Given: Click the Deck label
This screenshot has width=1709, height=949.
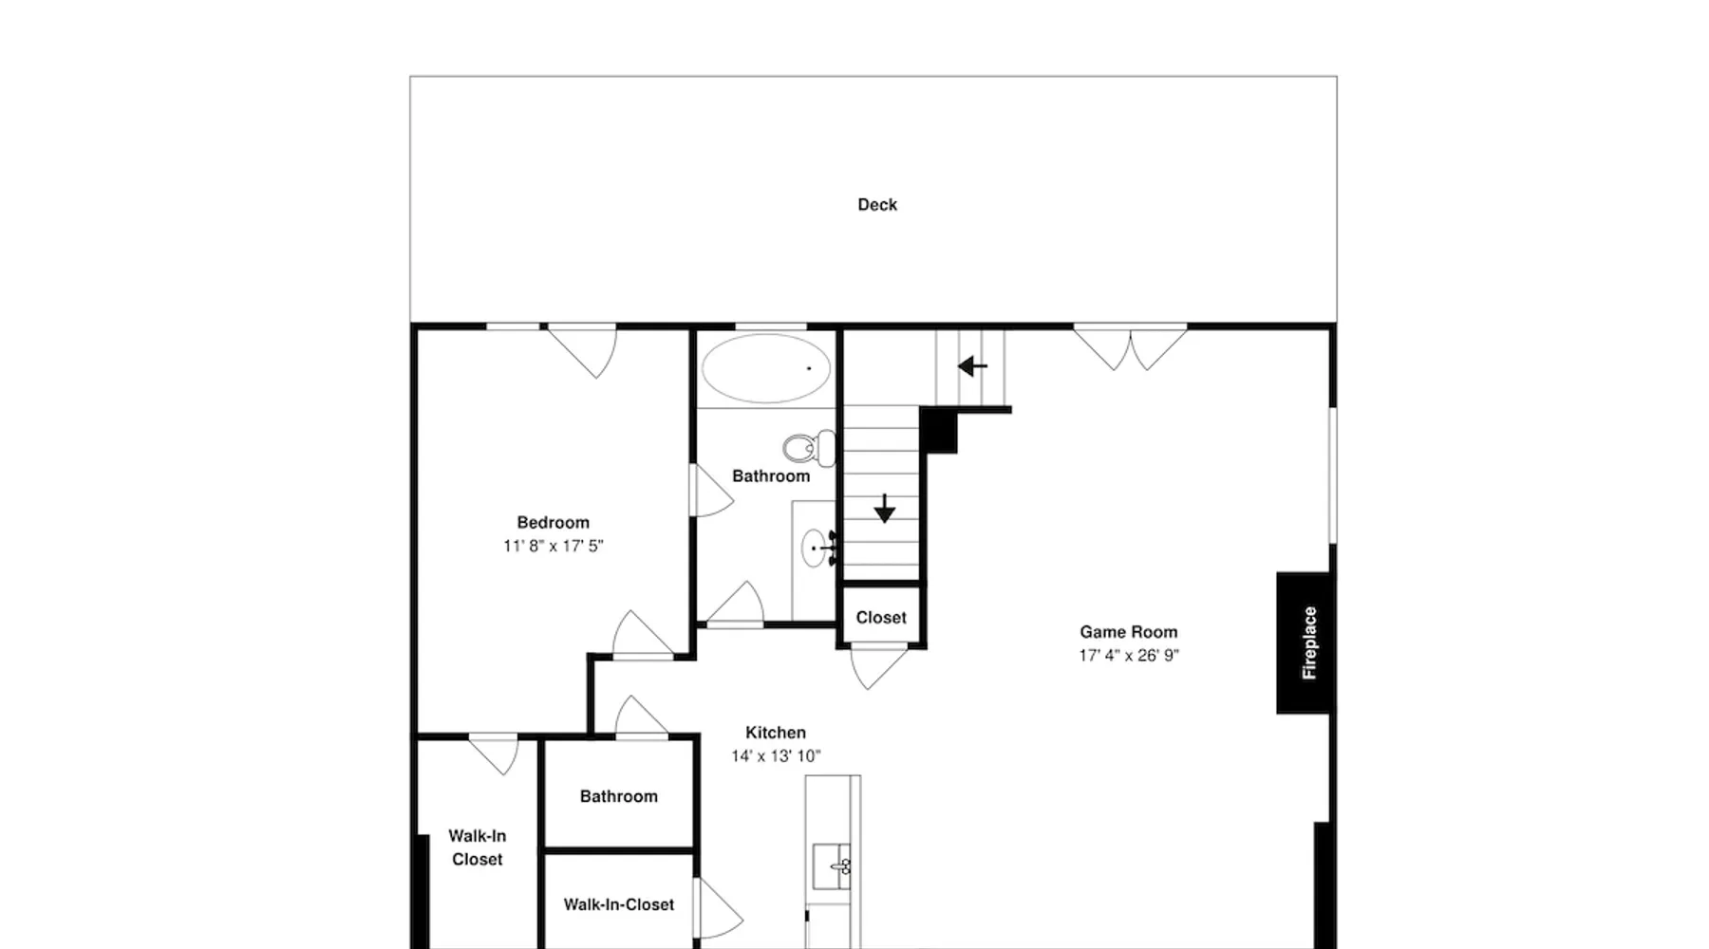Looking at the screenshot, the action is (x=877, y=205).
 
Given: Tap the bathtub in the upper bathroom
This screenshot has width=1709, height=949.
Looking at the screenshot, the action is (x=765, y=368).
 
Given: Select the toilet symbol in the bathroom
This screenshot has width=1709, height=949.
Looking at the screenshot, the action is (x=810, y=448).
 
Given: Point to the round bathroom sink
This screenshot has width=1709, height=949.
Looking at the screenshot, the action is (x=814, y=549).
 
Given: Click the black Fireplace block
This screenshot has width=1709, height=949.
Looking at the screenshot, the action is (x=1304, y=642).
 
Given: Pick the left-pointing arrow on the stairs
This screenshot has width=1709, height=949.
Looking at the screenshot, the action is (x=972, y=365).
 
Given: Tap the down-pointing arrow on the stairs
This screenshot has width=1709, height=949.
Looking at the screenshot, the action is (x=885, y=509).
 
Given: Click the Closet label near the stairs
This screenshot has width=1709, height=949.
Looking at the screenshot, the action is (x=881, y=618).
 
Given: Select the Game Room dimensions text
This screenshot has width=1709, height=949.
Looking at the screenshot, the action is (x=1129, y=656).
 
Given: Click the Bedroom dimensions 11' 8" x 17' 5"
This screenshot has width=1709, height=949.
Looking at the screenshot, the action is (x=554, y=546).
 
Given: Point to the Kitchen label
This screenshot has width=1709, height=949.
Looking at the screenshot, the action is (x=776, y=733).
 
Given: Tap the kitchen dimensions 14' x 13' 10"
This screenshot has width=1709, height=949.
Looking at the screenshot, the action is (x=776, y=756).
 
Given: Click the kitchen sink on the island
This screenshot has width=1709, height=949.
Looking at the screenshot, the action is (x=832, y=865).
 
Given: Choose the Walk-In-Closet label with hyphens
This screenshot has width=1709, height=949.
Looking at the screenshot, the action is (x=619, y=905).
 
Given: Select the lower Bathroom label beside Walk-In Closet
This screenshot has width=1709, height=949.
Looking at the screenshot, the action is (x=619, y=797).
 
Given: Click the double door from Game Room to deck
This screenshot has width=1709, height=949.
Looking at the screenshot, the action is (x=1130, y=347).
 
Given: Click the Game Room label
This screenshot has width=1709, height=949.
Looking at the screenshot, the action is (x=1129, y=632).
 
